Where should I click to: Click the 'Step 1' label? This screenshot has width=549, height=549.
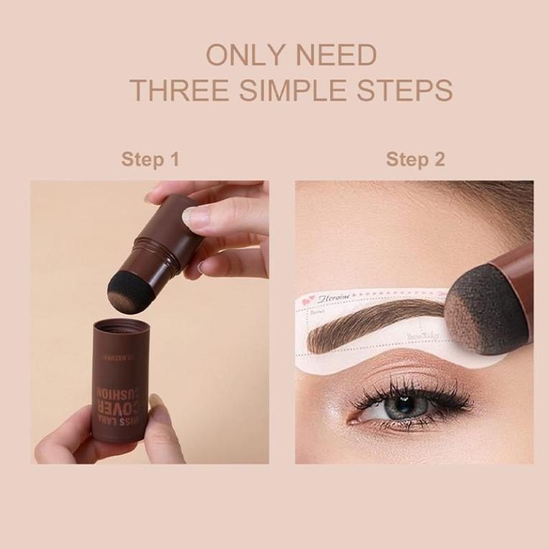click(150, 159)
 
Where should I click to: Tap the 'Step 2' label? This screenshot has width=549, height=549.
click(415, 159)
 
